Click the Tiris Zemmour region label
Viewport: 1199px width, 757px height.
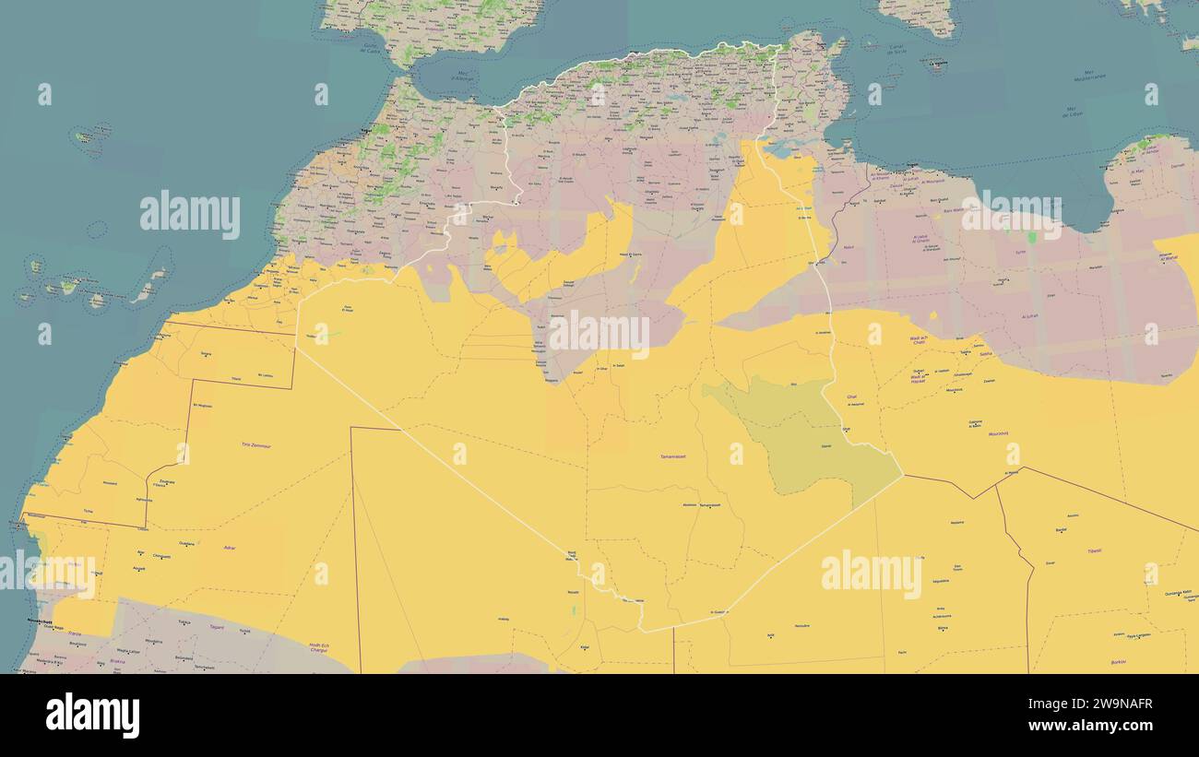pos(258,444)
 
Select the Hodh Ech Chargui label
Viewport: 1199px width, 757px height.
pos(319,648)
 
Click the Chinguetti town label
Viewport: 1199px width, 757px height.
pos(160,556)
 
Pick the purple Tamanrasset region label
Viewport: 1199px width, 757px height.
pos(671,456)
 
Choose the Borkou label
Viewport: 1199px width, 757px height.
pos(1119,662)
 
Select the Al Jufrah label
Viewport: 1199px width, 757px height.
pos(1030,316)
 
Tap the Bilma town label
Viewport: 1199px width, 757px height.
pos(942,628)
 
